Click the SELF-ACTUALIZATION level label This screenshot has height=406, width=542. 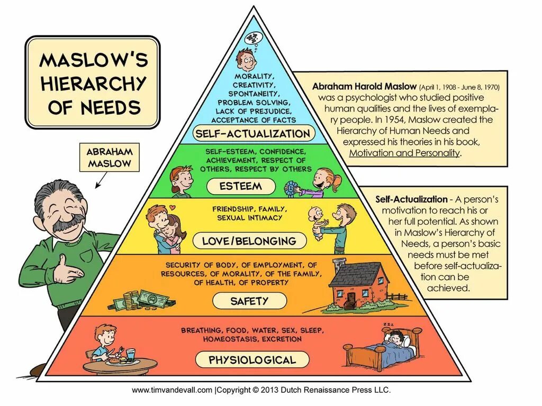click(252, 133)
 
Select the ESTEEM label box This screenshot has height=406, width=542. click(241, 186)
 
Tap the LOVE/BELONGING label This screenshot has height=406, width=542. click(249, 242)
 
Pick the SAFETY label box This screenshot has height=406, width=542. click(249, 301)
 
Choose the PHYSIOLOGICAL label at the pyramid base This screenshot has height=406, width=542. click(252, 360)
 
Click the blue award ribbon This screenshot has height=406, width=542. click(290, 187)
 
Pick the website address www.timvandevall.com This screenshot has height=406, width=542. click(172, 390)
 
